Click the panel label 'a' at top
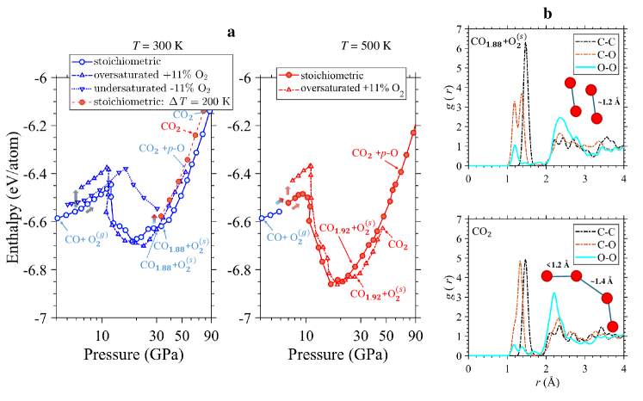pos(231,32)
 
